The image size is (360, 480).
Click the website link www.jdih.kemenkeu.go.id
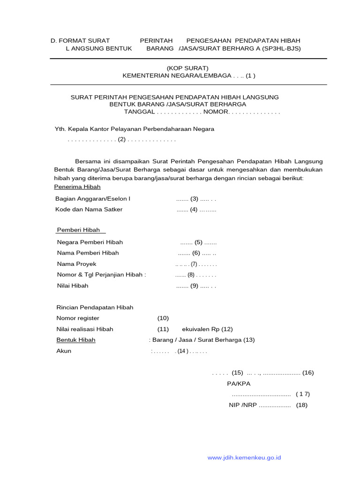coord(244,457)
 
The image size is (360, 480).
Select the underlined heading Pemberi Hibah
coord(78,230)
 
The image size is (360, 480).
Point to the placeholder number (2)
coord(122,139)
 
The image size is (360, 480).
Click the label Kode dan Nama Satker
coord(89,210)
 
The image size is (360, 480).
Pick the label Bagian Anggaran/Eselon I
coord(93,199)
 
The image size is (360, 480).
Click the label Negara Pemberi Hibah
coord(90,242)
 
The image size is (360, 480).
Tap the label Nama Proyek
coord(76,264)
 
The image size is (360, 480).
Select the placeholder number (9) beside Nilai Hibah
coord(195,285)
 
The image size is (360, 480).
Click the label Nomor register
coord(78,318)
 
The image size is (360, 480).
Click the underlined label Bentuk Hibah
coord(76,340)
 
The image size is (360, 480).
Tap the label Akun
coord(64,351)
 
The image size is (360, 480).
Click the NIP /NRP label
coord(243,405)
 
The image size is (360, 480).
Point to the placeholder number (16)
coord(308,373)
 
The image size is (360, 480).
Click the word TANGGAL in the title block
coord(139,112)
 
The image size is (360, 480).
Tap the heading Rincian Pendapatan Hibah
coord(95,307)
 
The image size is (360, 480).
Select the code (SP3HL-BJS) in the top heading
coord(281,48)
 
